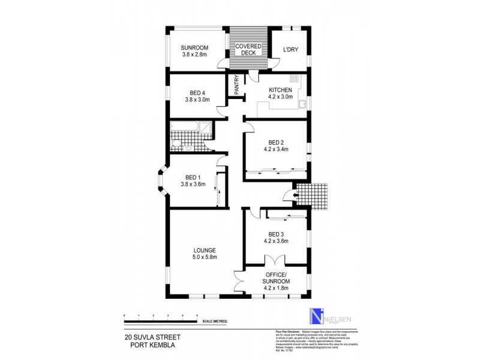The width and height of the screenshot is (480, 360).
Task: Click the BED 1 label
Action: pos(193,181)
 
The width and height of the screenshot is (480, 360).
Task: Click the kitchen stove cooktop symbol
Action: pos(294,79)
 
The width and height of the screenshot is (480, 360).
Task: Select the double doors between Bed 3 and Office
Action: pos(275,261)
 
